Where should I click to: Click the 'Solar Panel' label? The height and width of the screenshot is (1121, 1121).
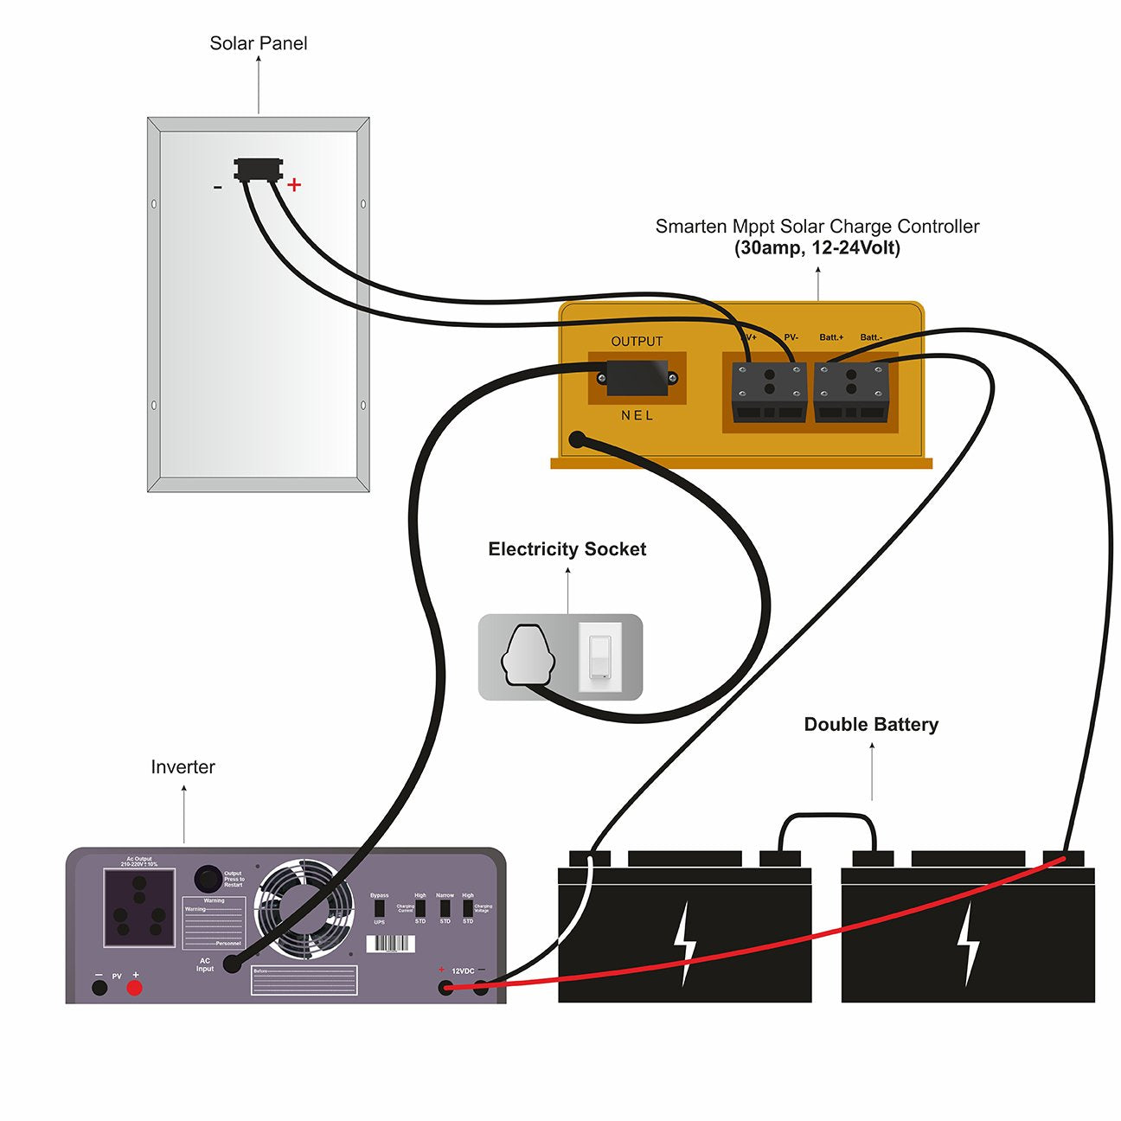tap(258, 43)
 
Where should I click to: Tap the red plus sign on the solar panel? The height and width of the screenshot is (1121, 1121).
tap(294, 184)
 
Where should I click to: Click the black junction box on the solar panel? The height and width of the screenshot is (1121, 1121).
tap(258, 168)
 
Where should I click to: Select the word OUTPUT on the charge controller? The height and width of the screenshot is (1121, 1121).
tap(637, 342)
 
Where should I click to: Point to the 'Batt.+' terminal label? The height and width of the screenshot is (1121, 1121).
tap(831, 337)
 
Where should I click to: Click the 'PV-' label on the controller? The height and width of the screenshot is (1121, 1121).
tap(791, 337)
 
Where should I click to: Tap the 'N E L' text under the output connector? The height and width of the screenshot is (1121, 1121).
tap(637, 416)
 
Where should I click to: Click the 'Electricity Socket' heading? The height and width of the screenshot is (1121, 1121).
tap(567, 549)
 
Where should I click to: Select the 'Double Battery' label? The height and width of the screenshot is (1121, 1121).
tap(871, 725)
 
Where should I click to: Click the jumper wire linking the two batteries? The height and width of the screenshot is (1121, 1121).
tap(827, 815)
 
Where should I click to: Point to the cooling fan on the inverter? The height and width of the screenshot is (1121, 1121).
tap(304, 908)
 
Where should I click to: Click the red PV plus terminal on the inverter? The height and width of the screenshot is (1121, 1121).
tap(134, 988)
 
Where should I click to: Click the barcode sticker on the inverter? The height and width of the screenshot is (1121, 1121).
tap(391, 944)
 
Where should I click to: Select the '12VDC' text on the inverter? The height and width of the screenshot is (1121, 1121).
tap(463, 971)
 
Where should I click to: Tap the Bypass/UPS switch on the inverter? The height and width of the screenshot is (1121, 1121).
tap(379, 909)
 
